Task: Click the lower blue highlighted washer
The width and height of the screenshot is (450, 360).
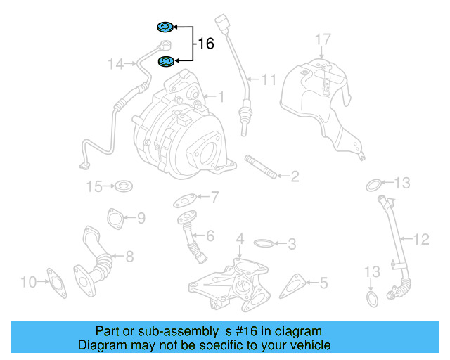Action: (x=166, y=62)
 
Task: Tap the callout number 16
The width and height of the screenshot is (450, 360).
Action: (x=205, y=44)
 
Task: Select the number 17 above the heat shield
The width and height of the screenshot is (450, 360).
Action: (x=322, y=39)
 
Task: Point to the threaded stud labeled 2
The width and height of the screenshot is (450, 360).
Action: (x=260, y=170)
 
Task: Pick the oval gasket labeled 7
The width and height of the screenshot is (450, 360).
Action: (x=185, y=200)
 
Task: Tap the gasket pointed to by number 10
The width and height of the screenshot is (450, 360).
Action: (x=55, y=281)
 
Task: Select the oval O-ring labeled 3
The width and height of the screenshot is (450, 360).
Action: (x=264, y=244)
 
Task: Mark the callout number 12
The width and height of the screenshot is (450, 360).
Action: (x=420, y=240)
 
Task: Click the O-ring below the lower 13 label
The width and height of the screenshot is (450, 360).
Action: (x=373, y=300)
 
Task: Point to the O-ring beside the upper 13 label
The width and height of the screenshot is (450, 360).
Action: (x=375, y=185)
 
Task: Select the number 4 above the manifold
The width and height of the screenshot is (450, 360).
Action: (x=240, y=239)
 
